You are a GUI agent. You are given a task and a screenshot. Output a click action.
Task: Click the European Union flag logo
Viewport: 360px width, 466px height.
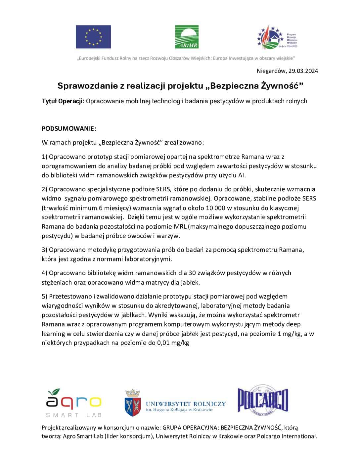[x=93, y=37]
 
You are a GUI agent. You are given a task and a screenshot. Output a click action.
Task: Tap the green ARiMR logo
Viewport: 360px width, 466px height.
[x=187, y=37]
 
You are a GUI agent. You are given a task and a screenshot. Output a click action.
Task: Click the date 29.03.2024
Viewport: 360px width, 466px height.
[x=303, y=71]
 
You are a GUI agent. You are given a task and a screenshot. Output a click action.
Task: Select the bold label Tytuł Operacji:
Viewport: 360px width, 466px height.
[x=63, y=101]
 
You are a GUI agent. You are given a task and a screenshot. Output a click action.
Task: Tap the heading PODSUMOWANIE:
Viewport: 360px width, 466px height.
[x=69, y=128]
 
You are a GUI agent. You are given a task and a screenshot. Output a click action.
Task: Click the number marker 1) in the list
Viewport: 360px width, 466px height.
[x=45, y=157]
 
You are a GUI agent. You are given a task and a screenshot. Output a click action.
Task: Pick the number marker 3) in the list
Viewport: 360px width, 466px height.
[x=45, y=250]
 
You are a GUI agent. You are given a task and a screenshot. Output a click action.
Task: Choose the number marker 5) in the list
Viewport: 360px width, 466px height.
[x=45, y=296]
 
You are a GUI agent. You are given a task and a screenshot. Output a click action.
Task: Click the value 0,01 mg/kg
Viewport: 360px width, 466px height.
[x=169, y=343]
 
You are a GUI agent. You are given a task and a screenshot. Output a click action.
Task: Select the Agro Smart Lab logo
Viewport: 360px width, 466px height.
[x=73, y=403]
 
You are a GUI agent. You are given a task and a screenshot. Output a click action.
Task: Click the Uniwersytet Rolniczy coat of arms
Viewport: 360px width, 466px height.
[x=133, y=403]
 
